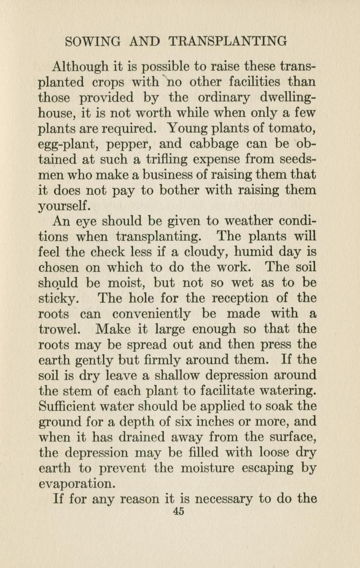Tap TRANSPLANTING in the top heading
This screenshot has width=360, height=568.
click(228, 42)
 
